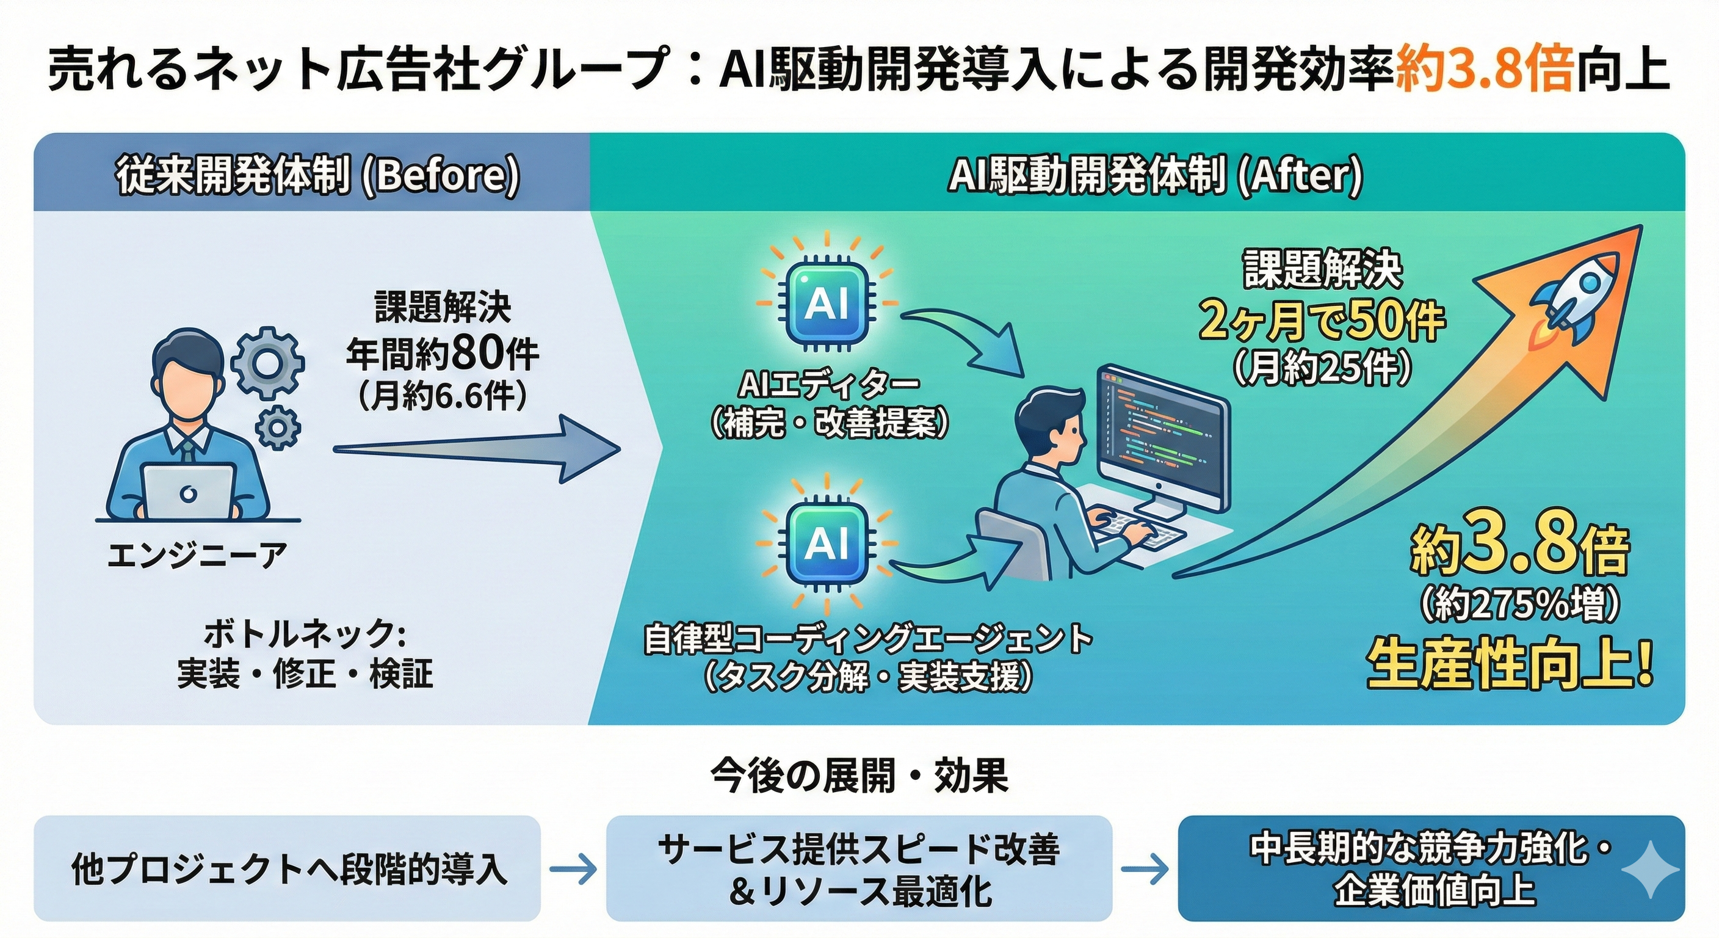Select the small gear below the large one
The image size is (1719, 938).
pyautogui.click(x=278, y=427)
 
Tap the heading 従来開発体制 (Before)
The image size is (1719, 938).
pyautogui.click(x=317, y=176)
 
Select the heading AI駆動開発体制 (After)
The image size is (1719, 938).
pyautogui.click(x=1155, y=176)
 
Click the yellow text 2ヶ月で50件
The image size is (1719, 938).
pyautogui.click(x=1321, y=321)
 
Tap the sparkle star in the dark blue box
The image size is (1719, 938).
pyautogui.click(x=1659, y=868)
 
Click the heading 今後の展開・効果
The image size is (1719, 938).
pyautogui.click(x=859, y=776)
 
